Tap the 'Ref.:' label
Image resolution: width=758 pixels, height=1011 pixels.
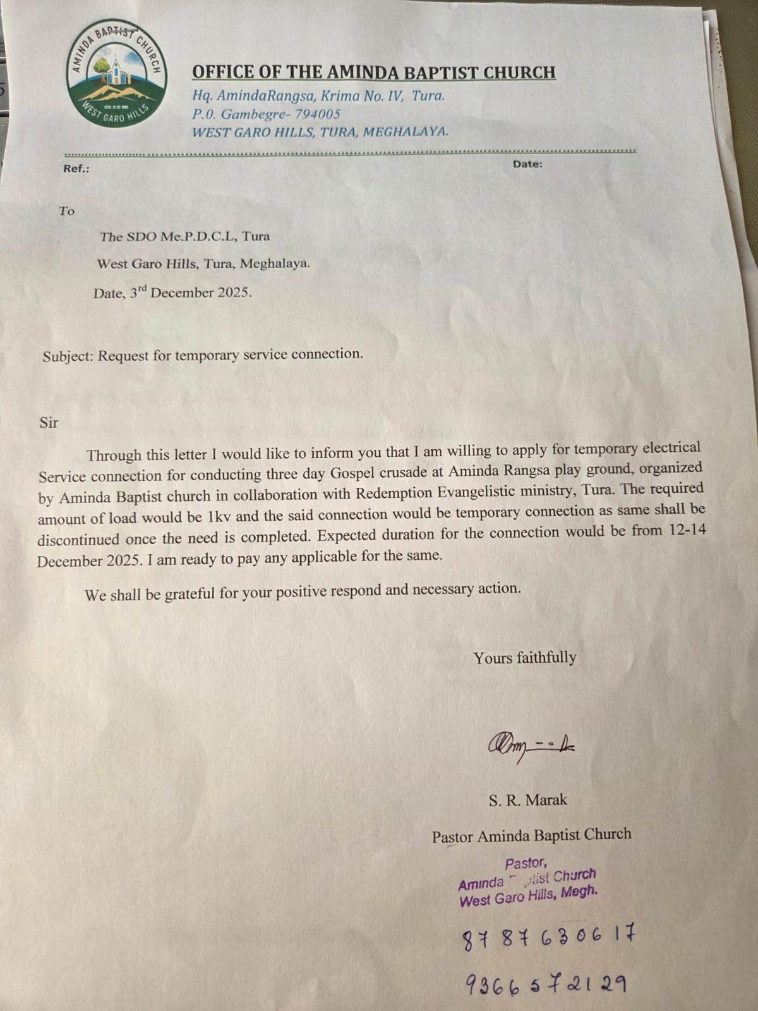point(76,169)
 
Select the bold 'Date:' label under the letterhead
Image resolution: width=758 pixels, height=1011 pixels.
point(527,164)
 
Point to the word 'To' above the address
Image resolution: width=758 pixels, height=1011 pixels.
point(67,211)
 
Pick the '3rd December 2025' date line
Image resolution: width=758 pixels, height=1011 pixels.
point(172,293)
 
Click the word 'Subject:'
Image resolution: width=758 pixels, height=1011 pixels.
point(68,356)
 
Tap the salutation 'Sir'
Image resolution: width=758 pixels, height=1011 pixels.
point(49,423)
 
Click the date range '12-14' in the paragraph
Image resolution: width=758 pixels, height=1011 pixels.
point(687,530)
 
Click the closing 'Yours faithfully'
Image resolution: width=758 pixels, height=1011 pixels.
point(525,658)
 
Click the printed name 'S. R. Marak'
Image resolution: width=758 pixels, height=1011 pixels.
point(527,800)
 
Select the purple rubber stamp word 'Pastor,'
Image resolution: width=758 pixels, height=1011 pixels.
point(526,863)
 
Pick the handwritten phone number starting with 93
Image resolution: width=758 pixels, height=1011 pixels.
point(546,984)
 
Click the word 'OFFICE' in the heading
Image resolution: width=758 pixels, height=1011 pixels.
point(220,72)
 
